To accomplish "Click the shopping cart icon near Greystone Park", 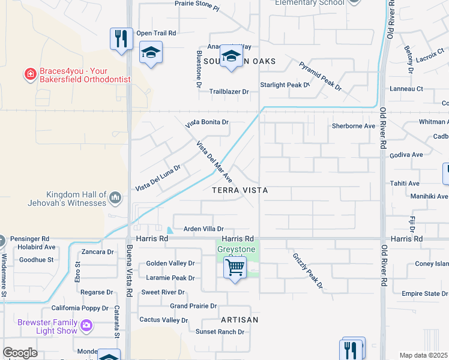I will (x=235, y=267).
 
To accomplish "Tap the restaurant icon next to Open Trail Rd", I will (x=121, y=39).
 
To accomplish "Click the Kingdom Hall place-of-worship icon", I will (x=115, y=197).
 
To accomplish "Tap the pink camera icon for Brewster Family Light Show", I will (x=87, y=325).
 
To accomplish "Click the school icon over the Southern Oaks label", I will (x=231, y=56).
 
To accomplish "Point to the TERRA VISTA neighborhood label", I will (x=240, y=190).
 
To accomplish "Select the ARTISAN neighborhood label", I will (x=239, y=320).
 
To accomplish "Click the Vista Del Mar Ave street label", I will (x=214, y=161).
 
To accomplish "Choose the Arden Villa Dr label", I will (x=203, y=229).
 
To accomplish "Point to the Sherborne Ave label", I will (x=354, y=126).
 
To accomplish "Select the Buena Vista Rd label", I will (x=129, y=270).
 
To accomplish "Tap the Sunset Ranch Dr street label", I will (x=220, y=331).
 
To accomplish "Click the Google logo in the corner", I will (x=20, y=353).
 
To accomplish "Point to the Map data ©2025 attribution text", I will (x=424, y=355).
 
